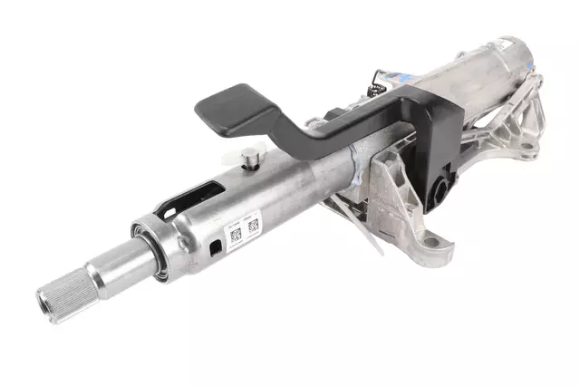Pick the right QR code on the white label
253,225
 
